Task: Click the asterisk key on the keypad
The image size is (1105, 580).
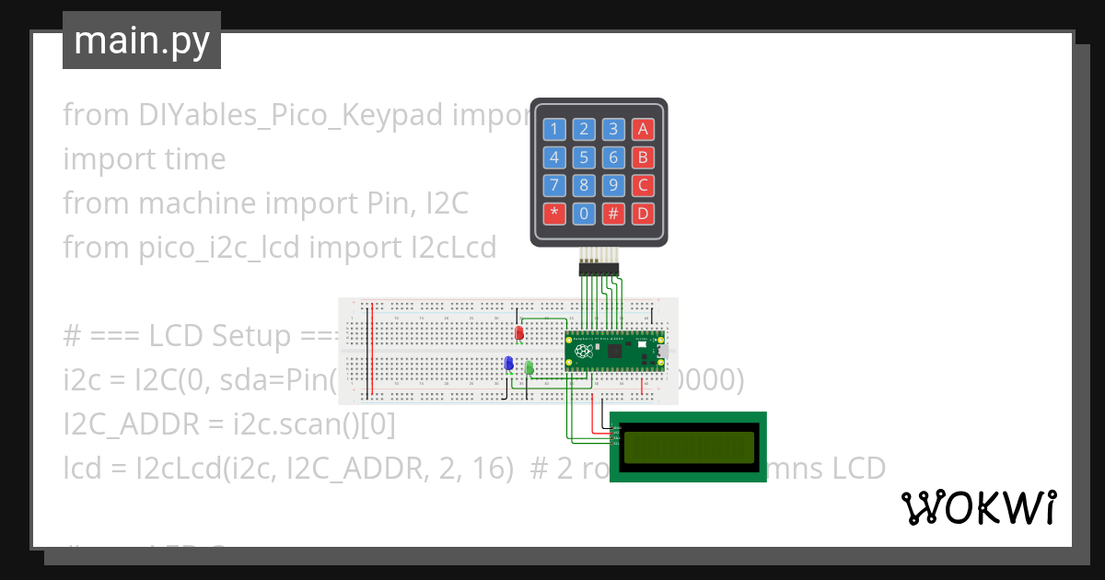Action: click(554, 215)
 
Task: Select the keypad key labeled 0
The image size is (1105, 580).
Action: click(584, 215)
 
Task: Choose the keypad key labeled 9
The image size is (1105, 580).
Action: click(614, 186)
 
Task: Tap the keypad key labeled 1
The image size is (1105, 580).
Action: click(554, 129)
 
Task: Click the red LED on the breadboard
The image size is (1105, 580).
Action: click(519, 331)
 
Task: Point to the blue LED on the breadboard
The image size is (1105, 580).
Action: click(508, 364)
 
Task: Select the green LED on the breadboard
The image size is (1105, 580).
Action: click(529, 367)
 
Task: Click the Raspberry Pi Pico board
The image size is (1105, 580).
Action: click(614, 351)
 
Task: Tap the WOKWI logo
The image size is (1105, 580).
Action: click(978, 507)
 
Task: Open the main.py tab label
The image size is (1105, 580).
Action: click(142, 41)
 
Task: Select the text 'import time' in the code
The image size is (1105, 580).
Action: click(145, 158)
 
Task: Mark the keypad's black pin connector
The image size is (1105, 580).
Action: click(599, 269)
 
